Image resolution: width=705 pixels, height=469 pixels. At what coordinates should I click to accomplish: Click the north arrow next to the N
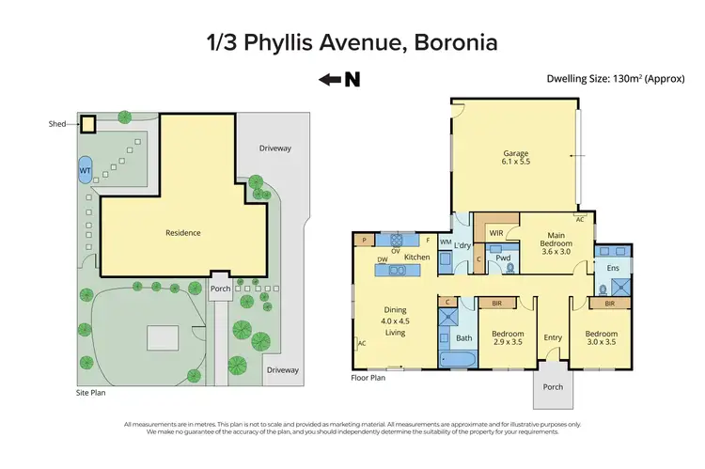[330, 80]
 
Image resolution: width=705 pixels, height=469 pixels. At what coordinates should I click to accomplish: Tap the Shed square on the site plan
[87, 123]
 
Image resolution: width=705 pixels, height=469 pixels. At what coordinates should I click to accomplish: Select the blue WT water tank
[85, 171]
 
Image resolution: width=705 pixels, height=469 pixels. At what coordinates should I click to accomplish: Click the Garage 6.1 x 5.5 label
[513, 159]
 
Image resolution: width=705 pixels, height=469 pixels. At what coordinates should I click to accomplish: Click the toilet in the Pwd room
[510, 267]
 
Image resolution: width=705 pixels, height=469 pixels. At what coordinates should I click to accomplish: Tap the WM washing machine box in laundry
[446, 243]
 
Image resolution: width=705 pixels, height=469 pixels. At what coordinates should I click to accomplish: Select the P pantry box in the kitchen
[363, 241]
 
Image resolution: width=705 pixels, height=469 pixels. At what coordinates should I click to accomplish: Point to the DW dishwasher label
[383, 259]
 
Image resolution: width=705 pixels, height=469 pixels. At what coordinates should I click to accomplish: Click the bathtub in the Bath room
[462, 360]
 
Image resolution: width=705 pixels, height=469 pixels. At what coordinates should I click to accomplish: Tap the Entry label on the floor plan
[553, 338]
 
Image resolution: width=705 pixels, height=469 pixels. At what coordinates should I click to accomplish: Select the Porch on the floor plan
[553, 389]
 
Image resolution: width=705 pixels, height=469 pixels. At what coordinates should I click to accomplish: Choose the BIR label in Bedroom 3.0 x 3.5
[610, 304]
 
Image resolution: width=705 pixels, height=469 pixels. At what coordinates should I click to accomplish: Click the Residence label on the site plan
[183, 233]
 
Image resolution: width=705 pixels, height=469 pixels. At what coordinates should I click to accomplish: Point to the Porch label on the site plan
[220, 289]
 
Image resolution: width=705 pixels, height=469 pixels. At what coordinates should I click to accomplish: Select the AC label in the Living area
[362, 344]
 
